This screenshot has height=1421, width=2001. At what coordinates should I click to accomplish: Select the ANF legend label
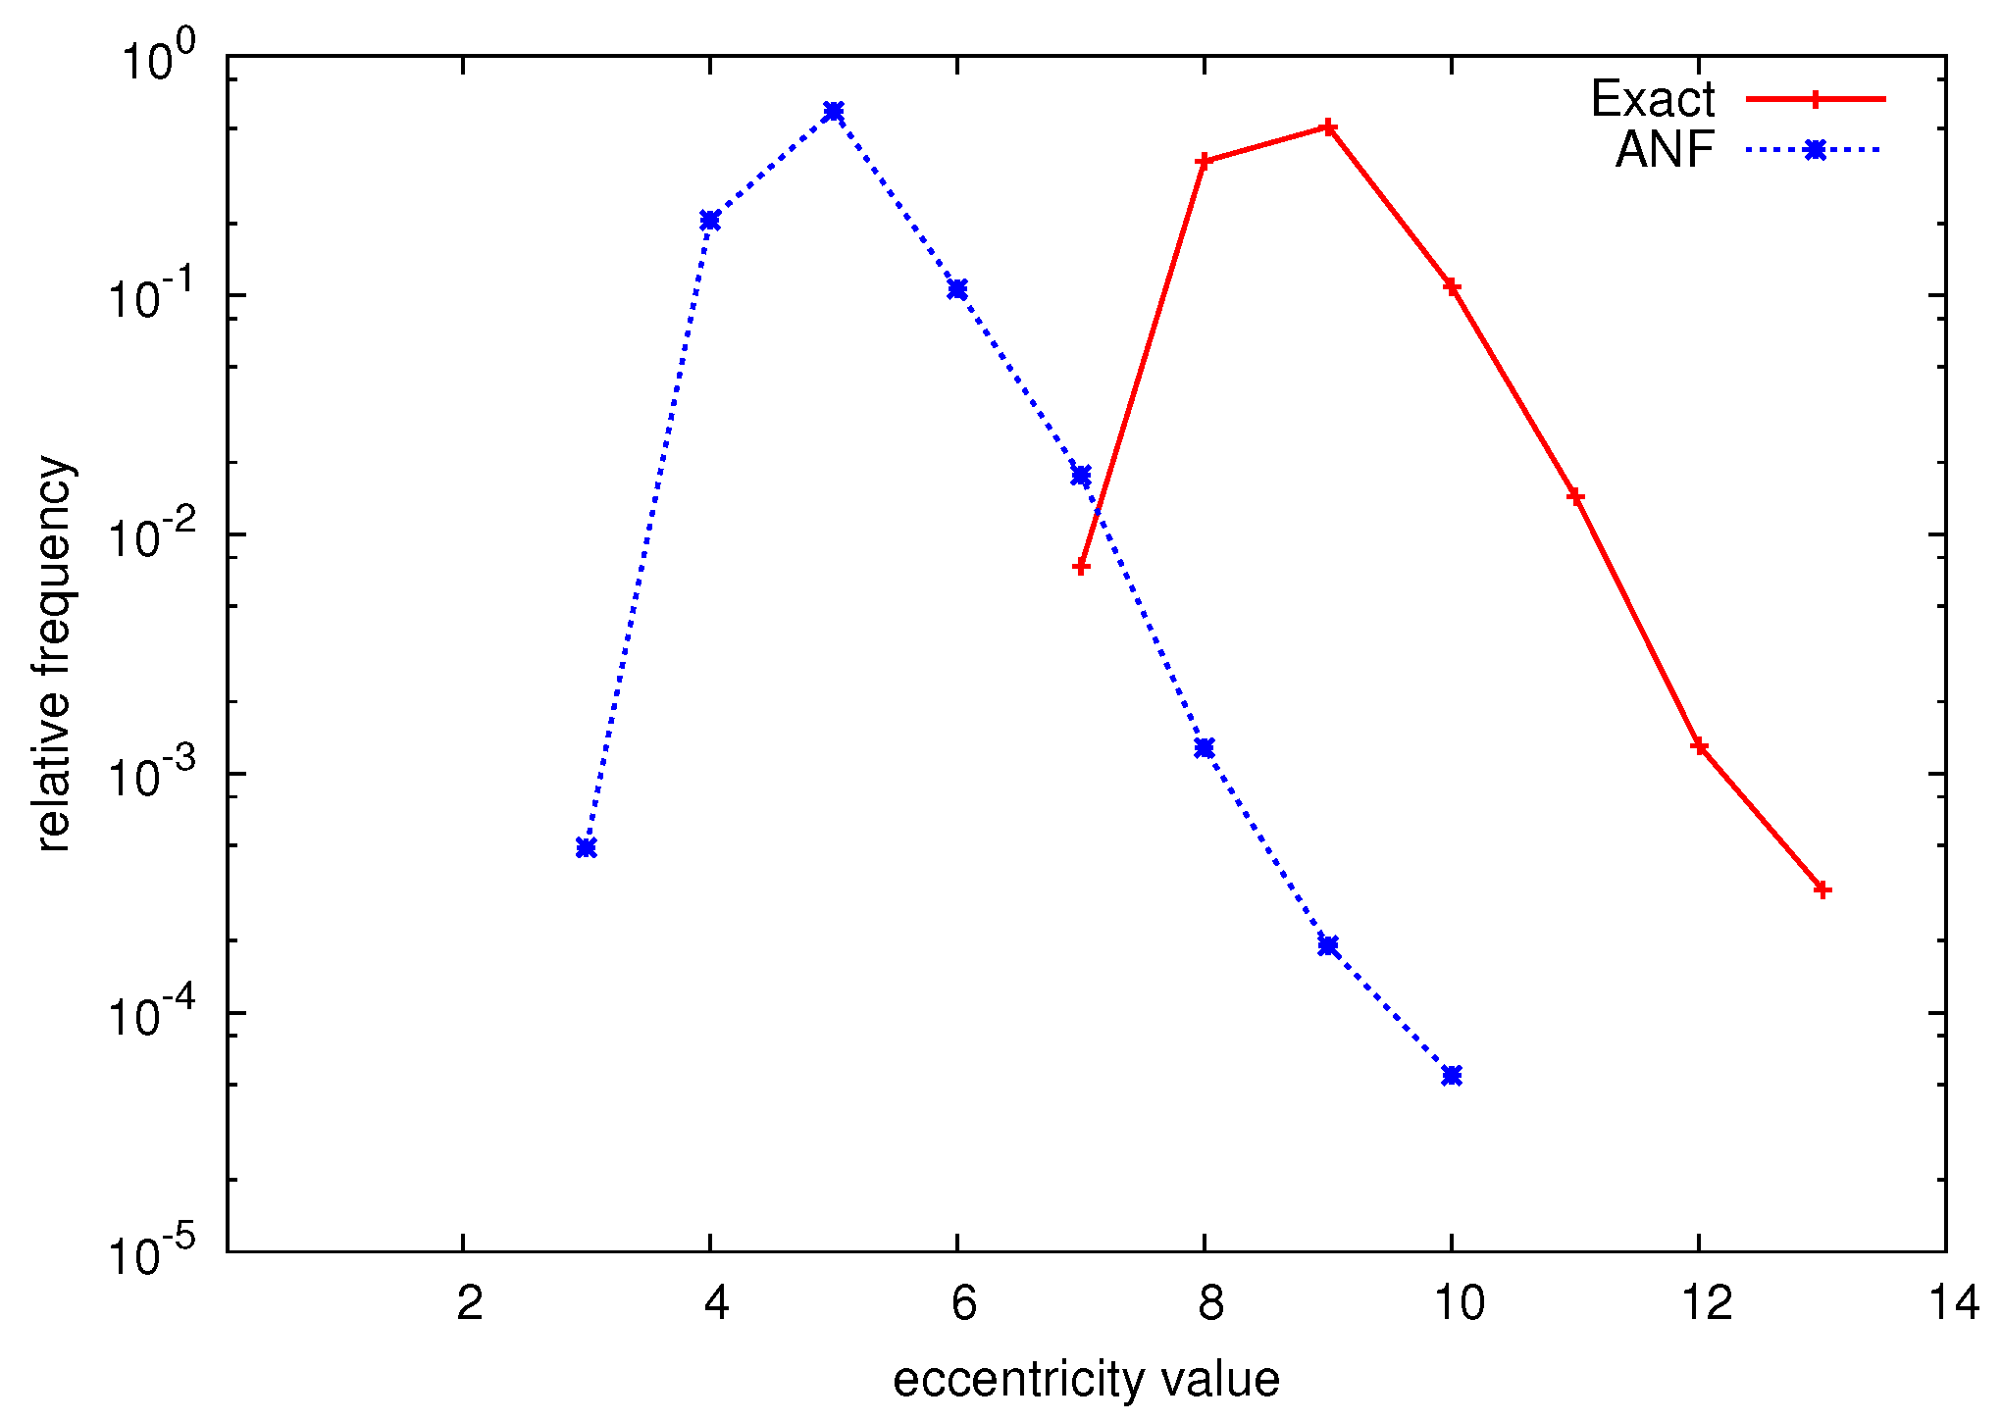click(1665, 150)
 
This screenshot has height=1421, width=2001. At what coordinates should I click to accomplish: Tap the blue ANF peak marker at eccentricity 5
click(834, 111)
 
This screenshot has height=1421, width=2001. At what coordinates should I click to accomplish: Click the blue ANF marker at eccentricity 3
click(586, 847)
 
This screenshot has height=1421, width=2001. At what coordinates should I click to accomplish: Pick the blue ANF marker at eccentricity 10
click(1452, 1075)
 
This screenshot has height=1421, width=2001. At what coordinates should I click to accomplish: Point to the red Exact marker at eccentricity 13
click(1822, 889)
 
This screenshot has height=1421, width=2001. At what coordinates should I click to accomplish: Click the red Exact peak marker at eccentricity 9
click(1328, 127)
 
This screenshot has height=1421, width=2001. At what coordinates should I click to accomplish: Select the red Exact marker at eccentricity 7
click(1081, 566)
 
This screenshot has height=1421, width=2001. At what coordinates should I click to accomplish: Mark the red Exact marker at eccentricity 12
click(1699, 746)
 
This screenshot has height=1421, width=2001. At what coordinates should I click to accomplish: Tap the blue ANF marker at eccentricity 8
click(1205, 748)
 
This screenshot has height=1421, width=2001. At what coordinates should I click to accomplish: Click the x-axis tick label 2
click(470, 1303)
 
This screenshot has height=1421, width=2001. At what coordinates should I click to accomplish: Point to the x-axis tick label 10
click(1460, 1303)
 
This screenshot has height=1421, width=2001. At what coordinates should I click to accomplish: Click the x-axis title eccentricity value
click(1086, 1379)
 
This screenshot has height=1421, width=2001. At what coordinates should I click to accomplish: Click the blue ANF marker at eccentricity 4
click(710, 220)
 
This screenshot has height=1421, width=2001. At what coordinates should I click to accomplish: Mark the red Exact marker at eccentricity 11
click(1575, 496)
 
